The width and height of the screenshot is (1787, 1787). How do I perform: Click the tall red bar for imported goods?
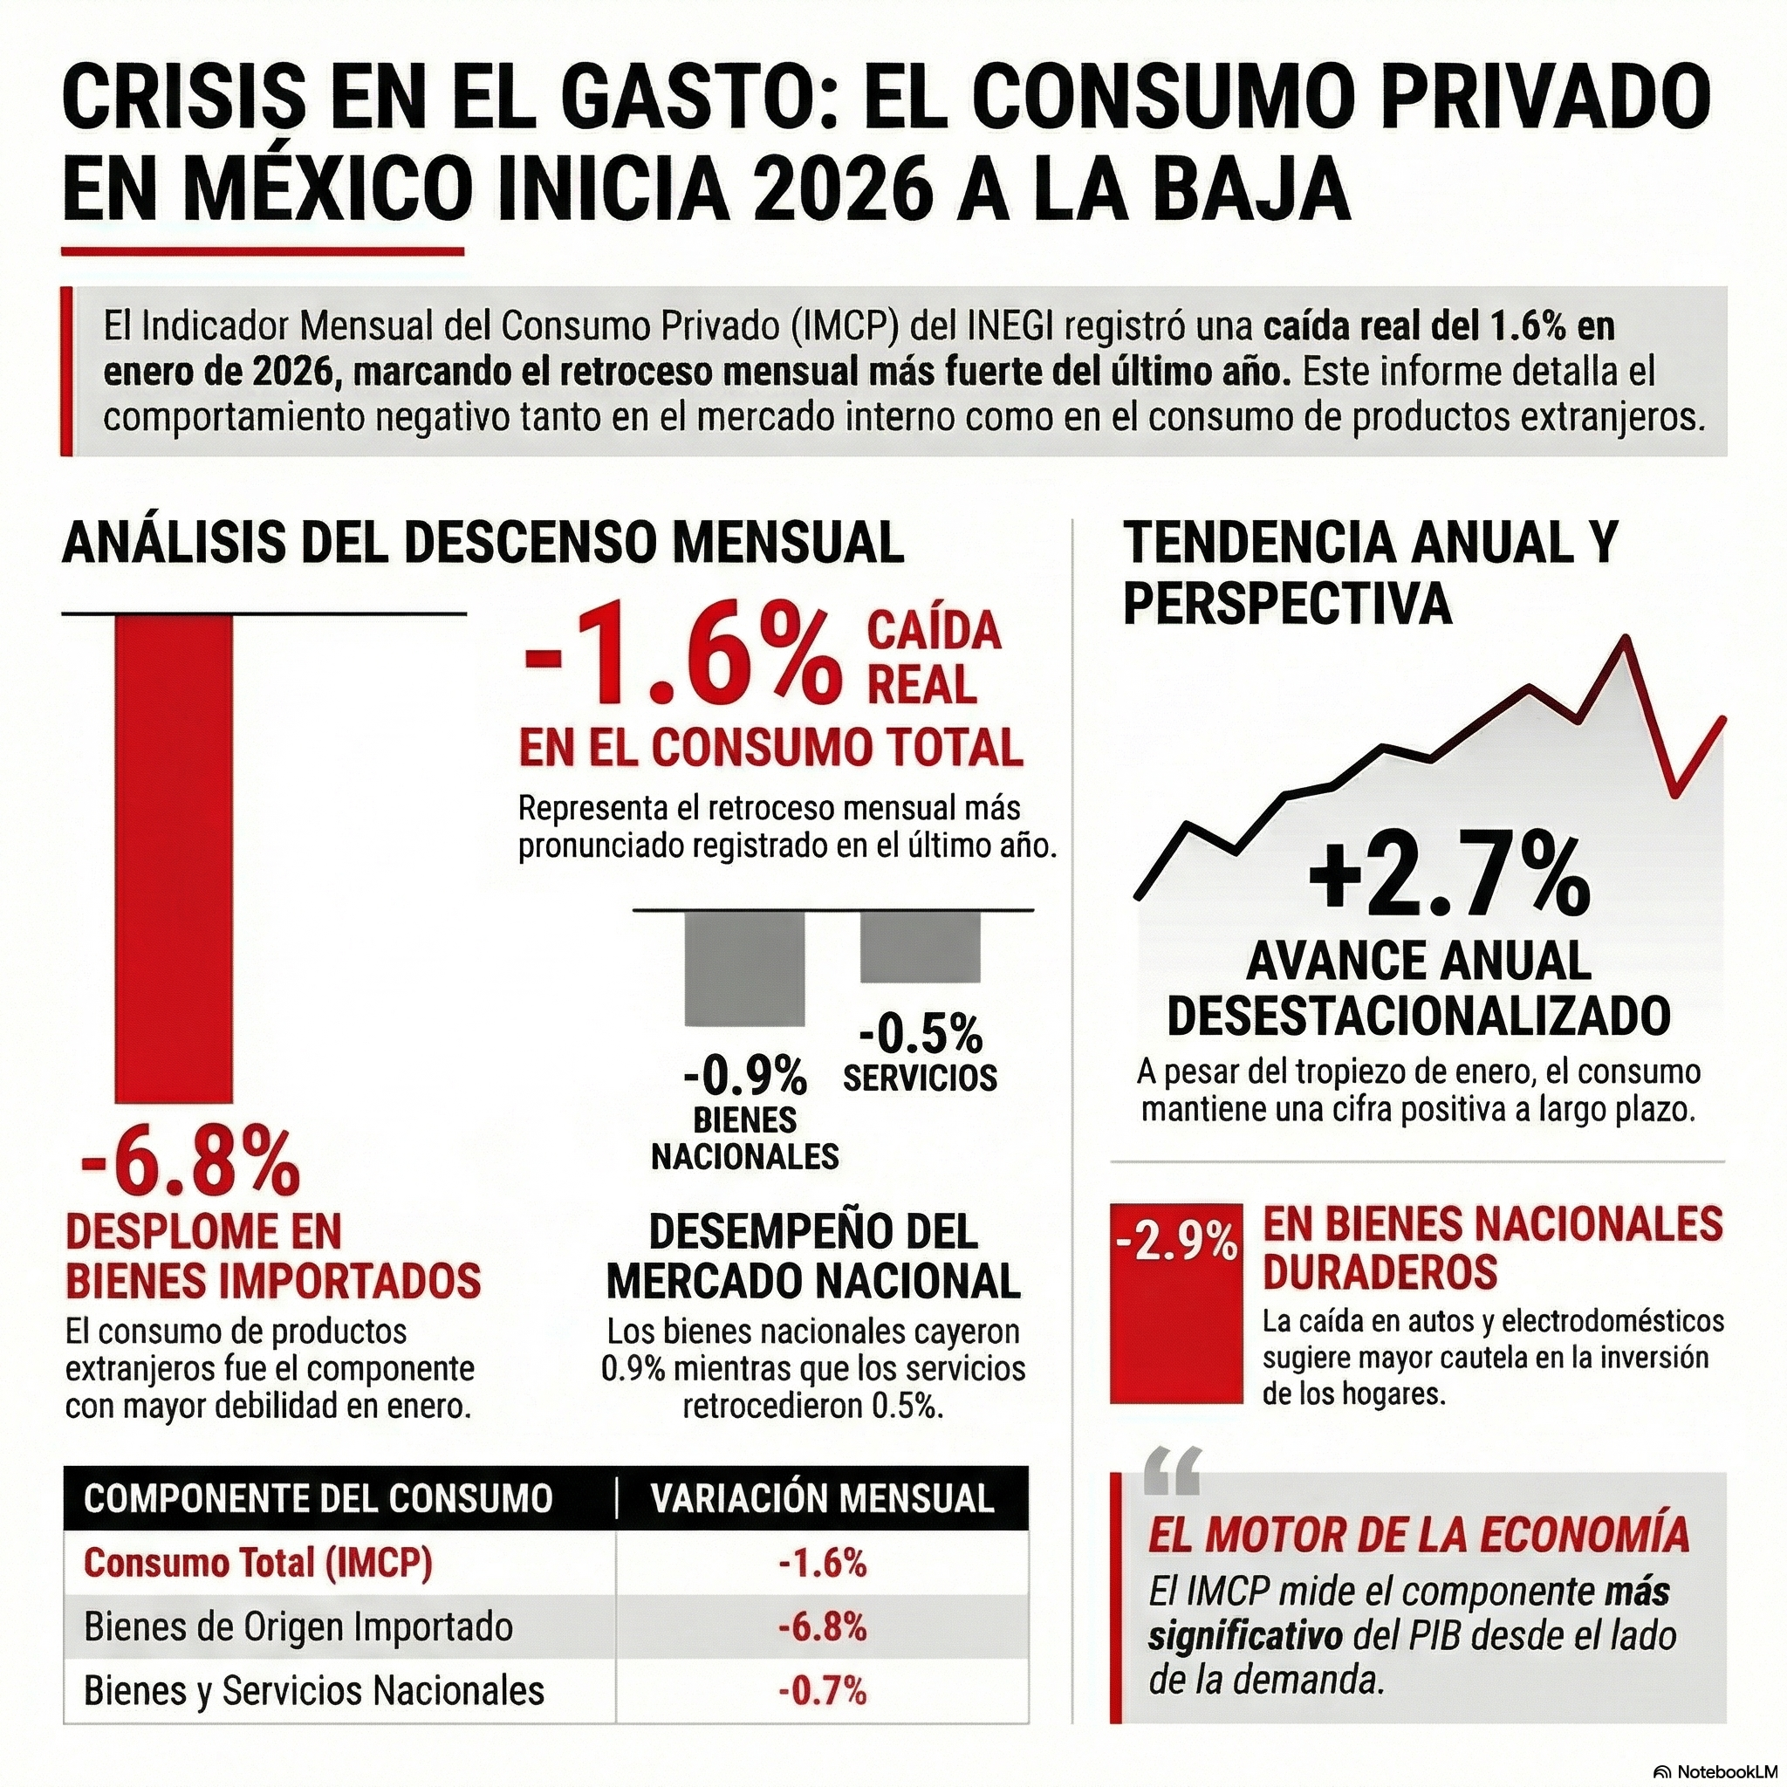pos(173,859)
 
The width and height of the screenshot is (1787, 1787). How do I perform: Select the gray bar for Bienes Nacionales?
pos(744,968)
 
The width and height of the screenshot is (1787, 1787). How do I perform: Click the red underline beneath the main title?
pos(262,250)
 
